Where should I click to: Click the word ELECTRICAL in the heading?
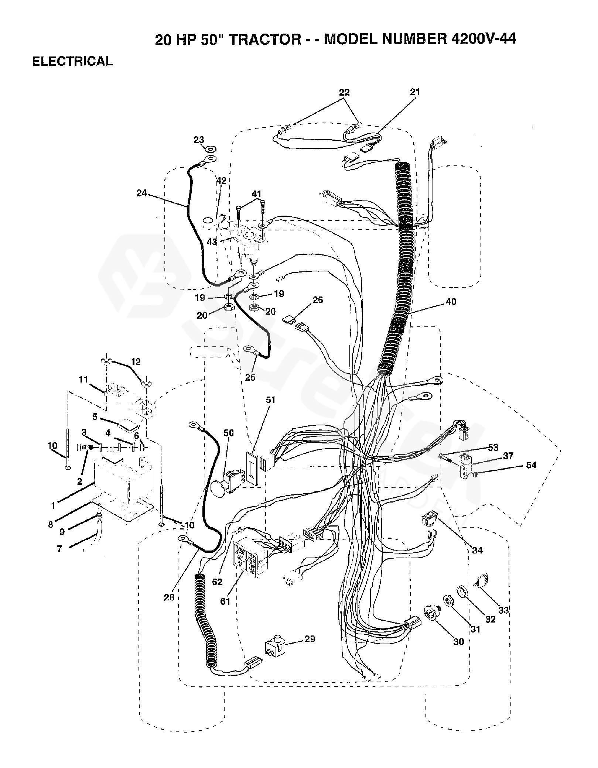click(72, 61)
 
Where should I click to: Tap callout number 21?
click(415, 92)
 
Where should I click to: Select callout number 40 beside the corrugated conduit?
click(451, 302)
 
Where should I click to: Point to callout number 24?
click(142, 193)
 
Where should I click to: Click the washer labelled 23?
click(211, 149)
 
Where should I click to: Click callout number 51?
click(270, 400)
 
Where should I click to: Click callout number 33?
click(503, 610)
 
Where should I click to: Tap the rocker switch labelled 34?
click(429, 521)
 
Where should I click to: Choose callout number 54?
click(531, 465)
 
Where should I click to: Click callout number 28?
click(169, 597)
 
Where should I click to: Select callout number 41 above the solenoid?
click(256, 194)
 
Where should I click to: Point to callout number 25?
click(250, 377)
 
